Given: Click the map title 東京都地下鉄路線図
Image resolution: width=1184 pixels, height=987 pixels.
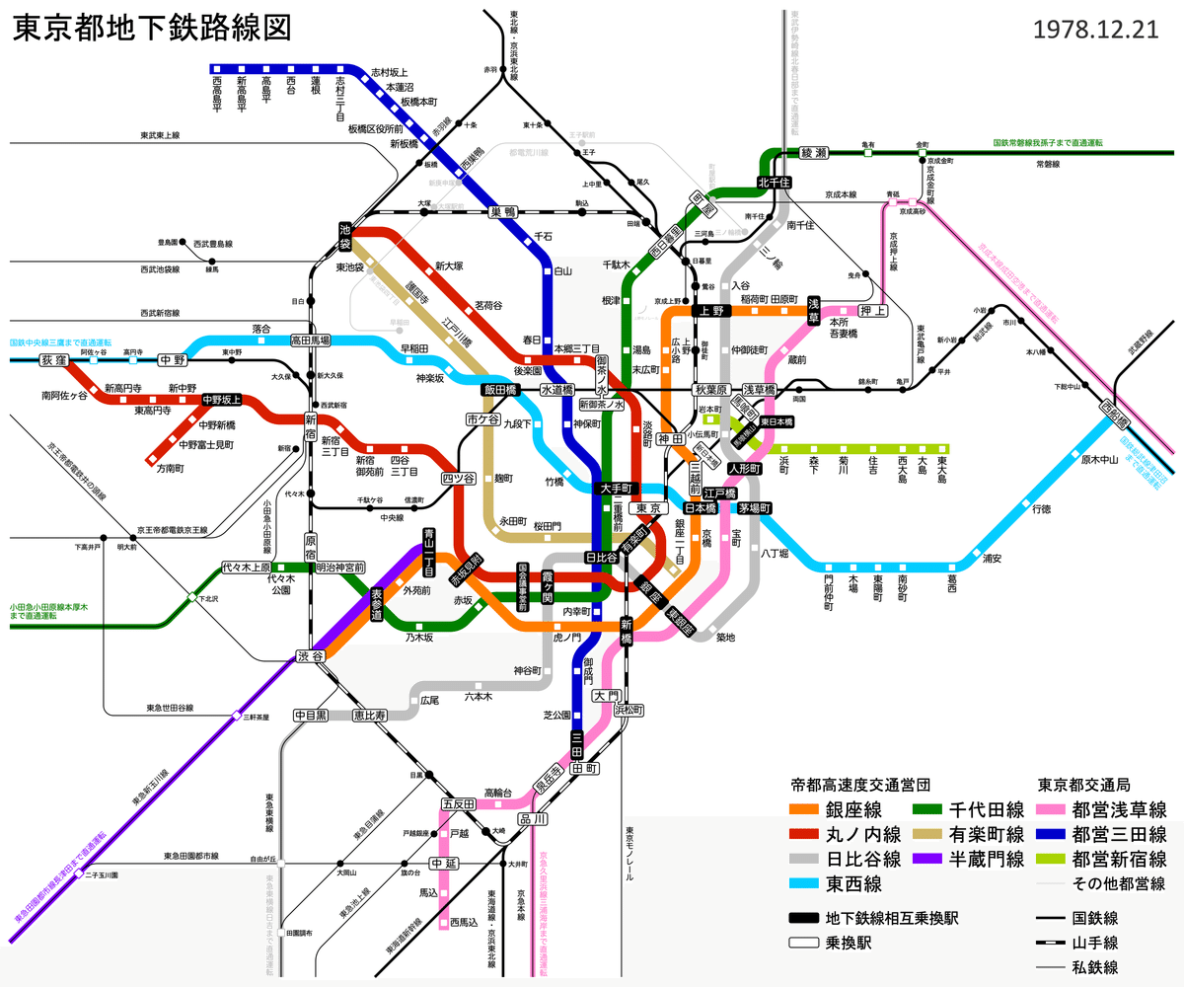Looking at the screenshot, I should point(152,28).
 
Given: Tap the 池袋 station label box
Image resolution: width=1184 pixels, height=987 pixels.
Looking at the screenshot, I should point(345,235).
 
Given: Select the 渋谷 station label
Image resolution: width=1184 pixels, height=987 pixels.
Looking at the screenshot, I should point(310,657).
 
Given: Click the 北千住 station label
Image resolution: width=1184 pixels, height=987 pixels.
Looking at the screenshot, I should point(775,183).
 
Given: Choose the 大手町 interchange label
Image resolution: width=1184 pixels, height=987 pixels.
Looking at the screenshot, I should point(621,489).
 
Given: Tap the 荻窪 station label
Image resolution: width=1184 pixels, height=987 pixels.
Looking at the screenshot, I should point(52,360).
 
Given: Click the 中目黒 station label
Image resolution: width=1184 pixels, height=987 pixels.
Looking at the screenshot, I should point(311,715).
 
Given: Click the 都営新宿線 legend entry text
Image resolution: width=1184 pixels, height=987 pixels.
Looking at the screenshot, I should point(1118,859).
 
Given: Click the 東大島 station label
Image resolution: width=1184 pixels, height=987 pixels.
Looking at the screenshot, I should point(943,467).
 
